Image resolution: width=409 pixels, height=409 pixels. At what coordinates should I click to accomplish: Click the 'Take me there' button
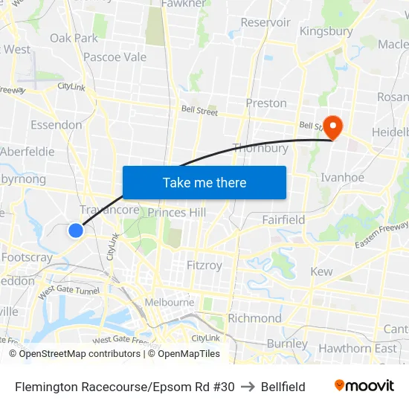tap(204, 182)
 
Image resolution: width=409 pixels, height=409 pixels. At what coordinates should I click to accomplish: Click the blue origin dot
tap(76, 231)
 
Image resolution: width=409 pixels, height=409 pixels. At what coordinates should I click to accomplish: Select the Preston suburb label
tap(266, 103)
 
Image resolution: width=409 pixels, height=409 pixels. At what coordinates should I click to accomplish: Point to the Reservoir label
tap(265, 22)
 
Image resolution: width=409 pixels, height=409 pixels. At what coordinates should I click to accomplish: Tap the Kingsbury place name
tap(326, 31)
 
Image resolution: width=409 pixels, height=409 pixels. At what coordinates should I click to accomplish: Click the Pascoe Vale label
tap(115, 57)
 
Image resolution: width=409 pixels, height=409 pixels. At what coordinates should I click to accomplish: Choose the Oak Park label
tap(74, 38)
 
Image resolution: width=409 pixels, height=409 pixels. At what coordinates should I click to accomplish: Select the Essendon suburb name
tap(57, 125)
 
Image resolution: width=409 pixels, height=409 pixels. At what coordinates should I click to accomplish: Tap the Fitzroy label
tap(204, 265)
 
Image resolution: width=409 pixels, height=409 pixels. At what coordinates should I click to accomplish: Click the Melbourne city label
tap(170, 303)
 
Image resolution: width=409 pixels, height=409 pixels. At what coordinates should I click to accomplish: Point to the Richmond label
tap(254, 318)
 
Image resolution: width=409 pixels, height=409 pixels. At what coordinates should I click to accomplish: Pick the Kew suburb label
tap(321, 271)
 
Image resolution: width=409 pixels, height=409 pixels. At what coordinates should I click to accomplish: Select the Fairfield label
tap(283, 219)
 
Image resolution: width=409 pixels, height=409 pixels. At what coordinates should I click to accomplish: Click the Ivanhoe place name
tap(342, 177)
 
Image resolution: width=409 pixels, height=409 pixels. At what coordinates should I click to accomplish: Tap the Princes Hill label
tap(176, 213)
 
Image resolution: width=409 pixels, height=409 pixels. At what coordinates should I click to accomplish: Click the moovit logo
tap(364, 386)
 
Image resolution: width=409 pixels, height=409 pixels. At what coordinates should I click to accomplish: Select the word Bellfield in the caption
tap(283, 387)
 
